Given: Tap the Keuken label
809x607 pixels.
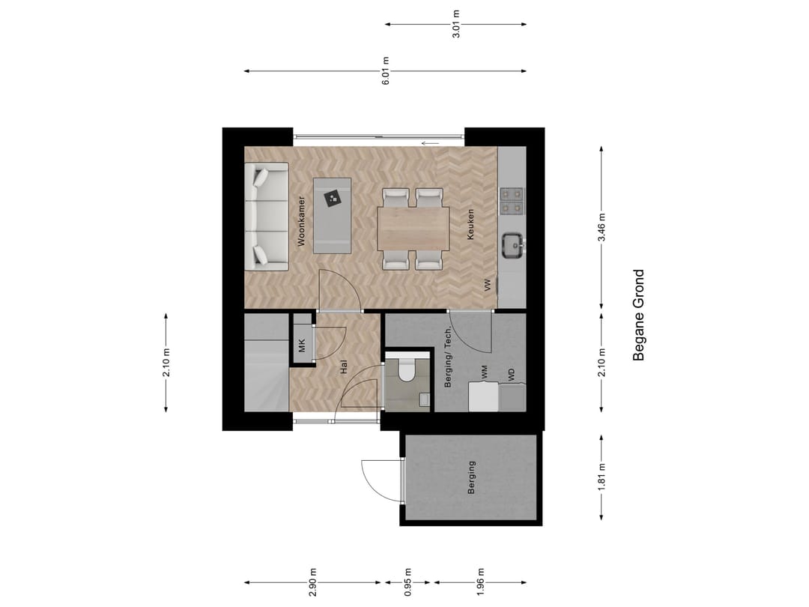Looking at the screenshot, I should [470, 224].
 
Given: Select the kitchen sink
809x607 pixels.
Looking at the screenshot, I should [512, 245].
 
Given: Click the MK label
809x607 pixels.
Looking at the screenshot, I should [302, 346].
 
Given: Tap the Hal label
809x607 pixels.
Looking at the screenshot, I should [344, 367].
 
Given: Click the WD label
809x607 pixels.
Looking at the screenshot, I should [512, 374].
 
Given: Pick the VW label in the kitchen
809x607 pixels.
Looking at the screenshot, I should [487, 285].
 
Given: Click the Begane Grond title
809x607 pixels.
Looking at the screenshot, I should [638, 315].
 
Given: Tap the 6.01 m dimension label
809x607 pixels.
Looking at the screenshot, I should [386, 71].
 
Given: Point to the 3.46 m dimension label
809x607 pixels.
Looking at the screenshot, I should [602, 227].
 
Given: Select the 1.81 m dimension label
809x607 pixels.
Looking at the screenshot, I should [602, 477].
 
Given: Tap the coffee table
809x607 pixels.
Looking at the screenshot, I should [333, 215].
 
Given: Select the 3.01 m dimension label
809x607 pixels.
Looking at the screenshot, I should [456, 24].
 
